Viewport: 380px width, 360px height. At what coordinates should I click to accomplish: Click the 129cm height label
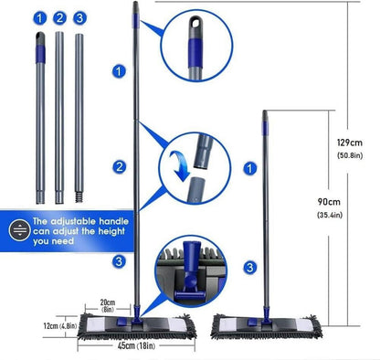point(350,143)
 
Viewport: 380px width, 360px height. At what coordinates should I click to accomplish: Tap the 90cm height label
point(329,202)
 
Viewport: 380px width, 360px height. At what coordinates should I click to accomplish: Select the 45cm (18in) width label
point(136,345)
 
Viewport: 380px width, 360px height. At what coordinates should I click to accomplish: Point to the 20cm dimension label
point(108,302)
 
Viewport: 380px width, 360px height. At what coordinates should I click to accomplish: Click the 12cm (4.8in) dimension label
point(59,326)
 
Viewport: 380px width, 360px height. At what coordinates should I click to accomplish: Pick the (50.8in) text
point(350,155)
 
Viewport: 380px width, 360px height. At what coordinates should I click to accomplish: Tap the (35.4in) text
point(330,215)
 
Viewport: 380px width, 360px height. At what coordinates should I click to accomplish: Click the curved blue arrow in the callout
point(180,164)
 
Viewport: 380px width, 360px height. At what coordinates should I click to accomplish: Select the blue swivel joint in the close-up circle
point(190,268)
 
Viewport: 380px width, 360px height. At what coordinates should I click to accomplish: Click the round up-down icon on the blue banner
point(20,230)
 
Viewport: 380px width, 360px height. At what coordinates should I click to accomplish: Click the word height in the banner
point(111,231)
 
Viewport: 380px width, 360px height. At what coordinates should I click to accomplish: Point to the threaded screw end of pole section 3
point(79,196)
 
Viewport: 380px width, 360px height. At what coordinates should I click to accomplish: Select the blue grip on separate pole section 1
point(40,54)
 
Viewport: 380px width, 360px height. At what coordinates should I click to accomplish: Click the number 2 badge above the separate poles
point(59,18)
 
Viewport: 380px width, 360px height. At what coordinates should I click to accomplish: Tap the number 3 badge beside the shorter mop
point(249,268)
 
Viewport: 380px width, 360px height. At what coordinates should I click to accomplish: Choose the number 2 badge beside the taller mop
point(119,167)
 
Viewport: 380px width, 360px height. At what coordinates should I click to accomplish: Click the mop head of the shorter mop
point(267,326)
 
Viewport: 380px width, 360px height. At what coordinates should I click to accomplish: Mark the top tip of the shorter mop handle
point(265,111)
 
